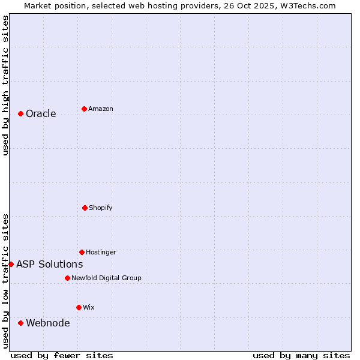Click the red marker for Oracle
point(20,113)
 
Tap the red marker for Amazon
point(84,109)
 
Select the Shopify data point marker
point(85,208)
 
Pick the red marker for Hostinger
point(82,252)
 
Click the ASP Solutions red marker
point(11,264)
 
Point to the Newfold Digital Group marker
point(67,278)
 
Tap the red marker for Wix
point(79,307)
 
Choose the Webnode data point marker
point(20,323)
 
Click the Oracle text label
point(41,114)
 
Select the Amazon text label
point(101,109)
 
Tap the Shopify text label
point(101,208)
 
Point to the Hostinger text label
point(101,253)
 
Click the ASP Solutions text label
point(50,265)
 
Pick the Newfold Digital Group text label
point(107,278)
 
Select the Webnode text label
point(48,323)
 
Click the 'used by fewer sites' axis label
point(62,355)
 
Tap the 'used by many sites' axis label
point(301,355)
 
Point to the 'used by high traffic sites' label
point(5,85)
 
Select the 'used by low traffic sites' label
point(5,281)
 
